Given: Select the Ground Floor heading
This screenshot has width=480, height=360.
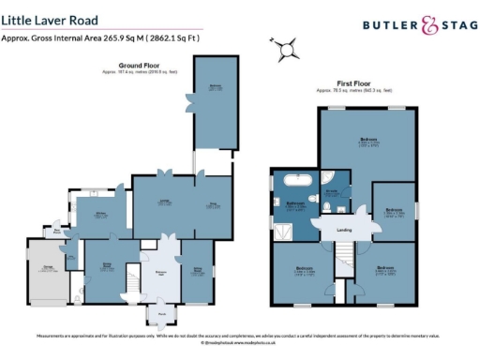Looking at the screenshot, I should click(138, 65).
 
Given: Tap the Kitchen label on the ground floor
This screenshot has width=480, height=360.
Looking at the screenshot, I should click(102, 215).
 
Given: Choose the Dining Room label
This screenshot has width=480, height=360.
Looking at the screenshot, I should click(107, 268).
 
